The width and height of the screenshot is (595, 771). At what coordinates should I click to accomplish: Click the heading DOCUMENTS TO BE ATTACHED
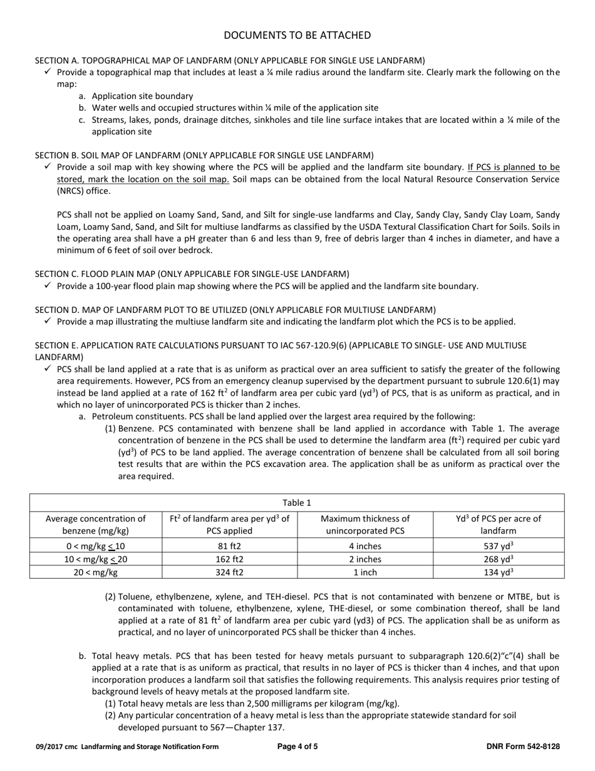point(297,35)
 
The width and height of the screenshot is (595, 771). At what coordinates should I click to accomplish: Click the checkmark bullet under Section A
point(48,72)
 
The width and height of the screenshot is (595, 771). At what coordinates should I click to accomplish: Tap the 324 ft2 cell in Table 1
point(229,572)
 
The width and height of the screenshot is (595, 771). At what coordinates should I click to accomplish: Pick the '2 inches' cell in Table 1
point(365,559)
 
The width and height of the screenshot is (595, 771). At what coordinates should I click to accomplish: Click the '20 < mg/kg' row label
point(96,572)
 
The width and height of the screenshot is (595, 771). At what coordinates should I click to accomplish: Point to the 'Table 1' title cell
point(297,503)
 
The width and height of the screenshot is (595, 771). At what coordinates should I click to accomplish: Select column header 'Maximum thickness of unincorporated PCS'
point(365,525)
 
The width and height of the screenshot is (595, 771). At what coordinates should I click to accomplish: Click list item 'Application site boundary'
point(142,96)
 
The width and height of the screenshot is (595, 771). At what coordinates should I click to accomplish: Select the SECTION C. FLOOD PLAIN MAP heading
point(192,274)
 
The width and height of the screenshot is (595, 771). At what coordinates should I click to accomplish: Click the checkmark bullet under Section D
point(48,322)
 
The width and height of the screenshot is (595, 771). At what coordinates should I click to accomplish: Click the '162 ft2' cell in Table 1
point(229,559)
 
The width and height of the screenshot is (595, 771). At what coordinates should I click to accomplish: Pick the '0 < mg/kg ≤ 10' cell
point(96,545)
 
